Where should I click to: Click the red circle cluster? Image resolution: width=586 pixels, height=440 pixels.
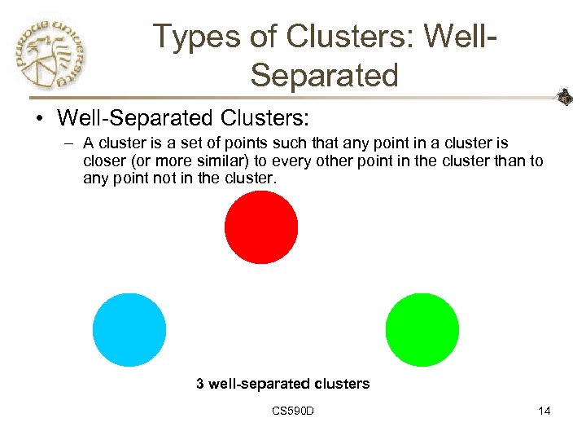pos(261,227)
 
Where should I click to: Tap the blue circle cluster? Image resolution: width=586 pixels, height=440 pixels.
pos(129,330)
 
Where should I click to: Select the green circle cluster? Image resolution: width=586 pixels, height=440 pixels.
pos(422,330)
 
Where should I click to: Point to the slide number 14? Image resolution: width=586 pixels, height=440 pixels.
pos(544,411)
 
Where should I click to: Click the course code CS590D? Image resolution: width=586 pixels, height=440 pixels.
pos(294,411)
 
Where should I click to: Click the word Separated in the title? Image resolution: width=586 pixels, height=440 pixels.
pos(325,75)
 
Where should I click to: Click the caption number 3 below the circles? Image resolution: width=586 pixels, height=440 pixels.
pos(200,383)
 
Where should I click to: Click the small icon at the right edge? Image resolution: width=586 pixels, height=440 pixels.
pos(564,98)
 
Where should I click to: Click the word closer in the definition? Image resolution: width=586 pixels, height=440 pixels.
pos(103,161)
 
